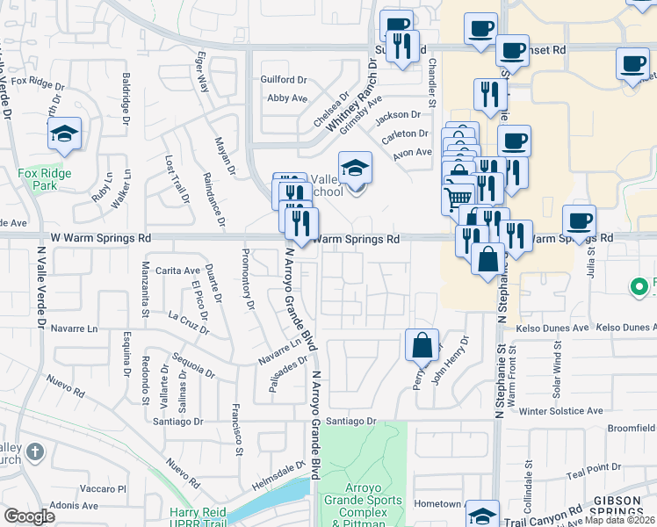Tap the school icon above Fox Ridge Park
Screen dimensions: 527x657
[x=64, y=134]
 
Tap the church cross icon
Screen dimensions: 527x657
[x=34, y=453]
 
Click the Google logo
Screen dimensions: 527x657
[x=29, y=516]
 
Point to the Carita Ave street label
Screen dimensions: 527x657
[x=177, y=271]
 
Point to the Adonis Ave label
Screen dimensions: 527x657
[x=75, y=506]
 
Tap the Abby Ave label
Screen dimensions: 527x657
[x=285, y=99]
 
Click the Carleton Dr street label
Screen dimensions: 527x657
[x=405, y=134]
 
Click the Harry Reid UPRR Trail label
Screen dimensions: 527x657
[x=198, y=518]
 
